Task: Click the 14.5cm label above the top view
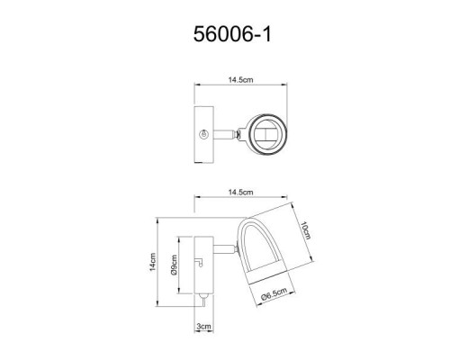tap(238, 78)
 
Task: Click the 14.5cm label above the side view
tap(239, 193)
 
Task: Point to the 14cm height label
tap(154, 264)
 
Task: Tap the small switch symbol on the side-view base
tap(201, 262)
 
